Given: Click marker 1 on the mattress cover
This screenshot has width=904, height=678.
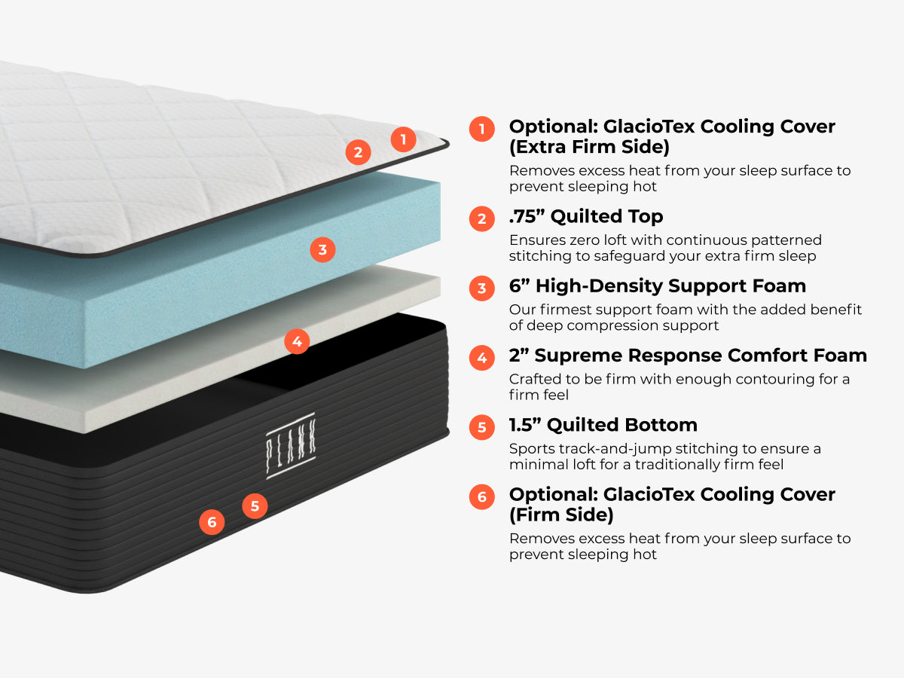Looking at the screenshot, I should coord(403,139).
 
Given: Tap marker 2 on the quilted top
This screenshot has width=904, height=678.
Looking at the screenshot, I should coord(358,153).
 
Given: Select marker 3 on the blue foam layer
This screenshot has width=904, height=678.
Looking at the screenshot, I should coord(322,249).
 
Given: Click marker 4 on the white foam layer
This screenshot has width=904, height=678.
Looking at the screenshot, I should coord(297,342).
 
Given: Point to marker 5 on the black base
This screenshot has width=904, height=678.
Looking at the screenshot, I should coord(255,506).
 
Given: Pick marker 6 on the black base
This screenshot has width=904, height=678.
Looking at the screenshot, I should coord(212,522).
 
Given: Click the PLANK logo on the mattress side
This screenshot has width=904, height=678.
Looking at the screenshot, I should coord(291,445).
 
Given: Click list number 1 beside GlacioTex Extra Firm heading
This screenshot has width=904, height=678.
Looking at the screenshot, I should coord(481,128).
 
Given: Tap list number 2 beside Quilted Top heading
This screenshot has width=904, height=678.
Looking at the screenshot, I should coord(481,218).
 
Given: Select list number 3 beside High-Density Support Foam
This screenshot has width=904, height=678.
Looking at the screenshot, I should coord(481,288).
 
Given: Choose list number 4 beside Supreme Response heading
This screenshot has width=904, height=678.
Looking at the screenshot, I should coord(481,357).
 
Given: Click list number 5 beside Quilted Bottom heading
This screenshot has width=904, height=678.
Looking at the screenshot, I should coord(481,427).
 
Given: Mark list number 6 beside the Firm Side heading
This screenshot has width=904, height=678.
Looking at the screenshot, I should coord(481,496).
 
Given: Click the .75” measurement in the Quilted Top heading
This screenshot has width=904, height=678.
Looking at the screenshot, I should coord(527,217).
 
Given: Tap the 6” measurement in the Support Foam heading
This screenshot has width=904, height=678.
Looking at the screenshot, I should coord(519,286).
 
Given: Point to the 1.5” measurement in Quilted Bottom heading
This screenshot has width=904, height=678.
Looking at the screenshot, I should coord(525,425).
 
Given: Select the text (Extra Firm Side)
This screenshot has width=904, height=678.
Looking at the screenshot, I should coord(589,146).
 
